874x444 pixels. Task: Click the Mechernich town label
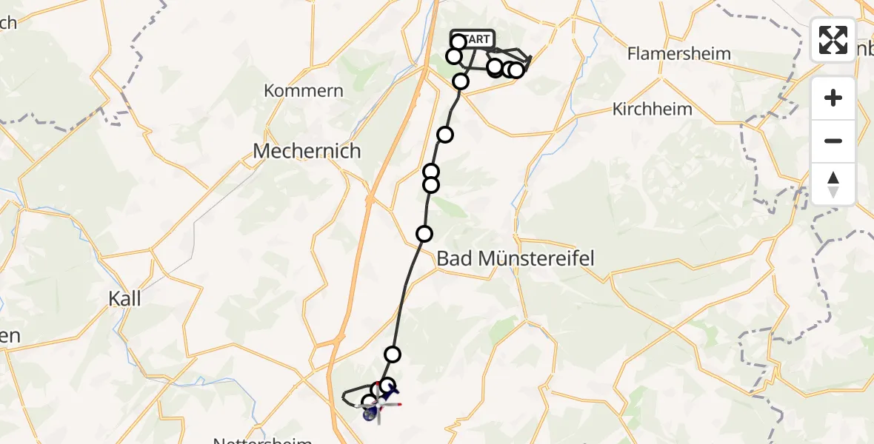(307, 151)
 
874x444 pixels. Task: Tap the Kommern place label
(304, 91)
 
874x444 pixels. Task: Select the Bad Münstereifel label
(516, 258)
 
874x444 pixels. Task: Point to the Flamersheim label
(678, 53)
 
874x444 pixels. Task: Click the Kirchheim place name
(653, 109)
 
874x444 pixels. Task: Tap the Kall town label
(124, 299)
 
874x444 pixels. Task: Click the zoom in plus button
(833, 98)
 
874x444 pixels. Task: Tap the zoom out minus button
(833, 141)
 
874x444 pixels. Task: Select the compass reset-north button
(833, 184)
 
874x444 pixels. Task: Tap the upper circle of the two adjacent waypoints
(431, 172)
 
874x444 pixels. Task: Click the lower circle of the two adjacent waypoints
(430, 184)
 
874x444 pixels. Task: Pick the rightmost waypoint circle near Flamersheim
(516, 70)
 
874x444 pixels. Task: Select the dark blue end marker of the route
(370, 414)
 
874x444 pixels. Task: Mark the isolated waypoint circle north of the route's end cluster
(393, 354)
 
